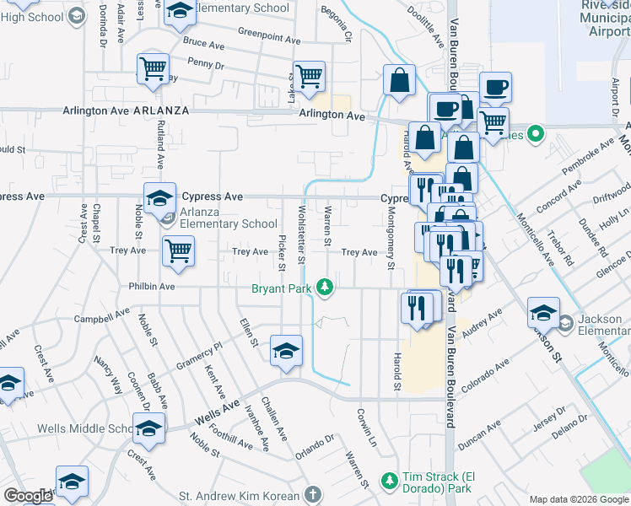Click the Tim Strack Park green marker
tap(390, 481)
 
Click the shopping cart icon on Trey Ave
tap(178, 250)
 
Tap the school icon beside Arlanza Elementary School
tap(159, 199)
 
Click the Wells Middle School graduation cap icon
tap(148, 430)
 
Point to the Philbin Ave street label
tap(151, 287)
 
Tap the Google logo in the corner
tap(29, 496)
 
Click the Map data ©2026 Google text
tap(578, 499)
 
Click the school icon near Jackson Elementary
tap(543, 312)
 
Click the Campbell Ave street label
tap(100, 319)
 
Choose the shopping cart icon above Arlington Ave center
tap(309, 76)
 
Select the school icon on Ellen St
tap(287, 351)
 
